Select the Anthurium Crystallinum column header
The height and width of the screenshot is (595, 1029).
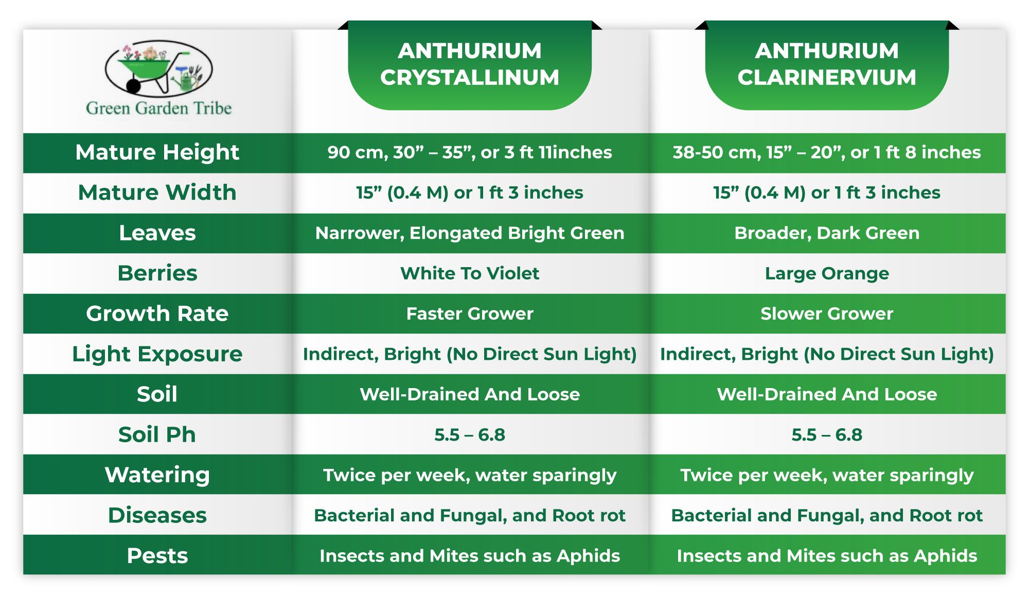pos(470,64)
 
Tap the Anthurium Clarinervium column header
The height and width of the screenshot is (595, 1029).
pos(827,64)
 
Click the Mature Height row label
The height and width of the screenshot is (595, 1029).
pos(157,153)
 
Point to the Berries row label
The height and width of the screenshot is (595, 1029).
pos(157,273)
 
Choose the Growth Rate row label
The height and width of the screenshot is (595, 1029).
pos(157,313)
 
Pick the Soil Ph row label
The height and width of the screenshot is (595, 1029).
pos(157,434)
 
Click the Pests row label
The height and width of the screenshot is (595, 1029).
pos(157,555)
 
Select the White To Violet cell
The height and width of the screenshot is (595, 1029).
pos(470,273)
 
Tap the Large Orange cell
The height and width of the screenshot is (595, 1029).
pos(827,274)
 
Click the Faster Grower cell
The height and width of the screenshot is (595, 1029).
pos(470,313)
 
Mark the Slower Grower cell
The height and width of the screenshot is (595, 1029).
pos(827,313)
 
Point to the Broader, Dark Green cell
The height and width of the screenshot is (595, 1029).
pos(827,233)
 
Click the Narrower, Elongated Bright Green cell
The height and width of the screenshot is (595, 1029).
pos(470,233)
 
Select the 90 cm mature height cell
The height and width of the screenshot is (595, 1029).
pos(470,152)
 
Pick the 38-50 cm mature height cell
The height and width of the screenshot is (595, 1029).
pos(827,152)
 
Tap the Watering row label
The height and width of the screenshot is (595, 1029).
pos(157,475)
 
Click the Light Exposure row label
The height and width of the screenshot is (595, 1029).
pos(157,354)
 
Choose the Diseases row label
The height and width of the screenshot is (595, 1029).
pos(157,515)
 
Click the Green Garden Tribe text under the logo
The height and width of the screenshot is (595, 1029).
pos(158,108)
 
